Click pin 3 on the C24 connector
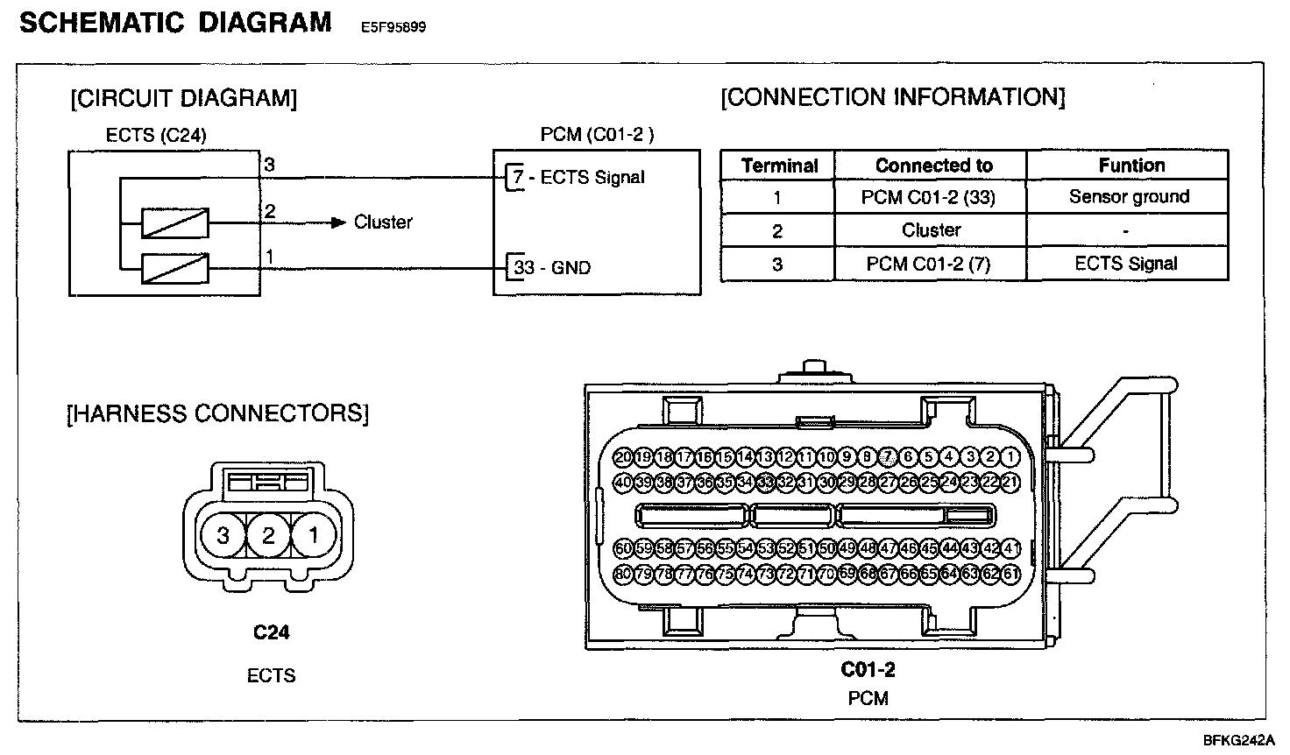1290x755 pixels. [223, 534]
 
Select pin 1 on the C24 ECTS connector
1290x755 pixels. [314, 534]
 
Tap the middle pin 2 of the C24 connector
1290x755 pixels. [269, 534]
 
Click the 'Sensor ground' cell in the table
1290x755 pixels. [1129, 197]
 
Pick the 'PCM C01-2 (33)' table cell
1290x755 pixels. [928, 197]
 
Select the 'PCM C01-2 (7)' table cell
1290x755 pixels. [928, 264]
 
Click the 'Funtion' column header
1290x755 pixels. [1131, 166]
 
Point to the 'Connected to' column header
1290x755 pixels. [933, 166]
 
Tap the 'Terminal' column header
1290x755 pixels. [779, 166]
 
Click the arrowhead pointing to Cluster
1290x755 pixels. [339, 222]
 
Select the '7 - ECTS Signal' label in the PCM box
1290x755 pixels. [579, 178]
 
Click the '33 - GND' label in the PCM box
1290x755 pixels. [552, 268]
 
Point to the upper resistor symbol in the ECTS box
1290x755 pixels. [176, 223]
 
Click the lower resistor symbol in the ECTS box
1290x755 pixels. [176, 269]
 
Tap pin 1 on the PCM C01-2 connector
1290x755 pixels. [1010, 456]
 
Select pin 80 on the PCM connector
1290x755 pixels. [623, 575]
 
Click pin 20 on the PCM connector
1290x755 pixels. [623, 456]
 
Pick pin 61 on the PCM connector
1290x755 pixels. [1010, 575]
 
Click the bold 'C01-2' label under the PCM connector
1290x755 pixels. [868, 670]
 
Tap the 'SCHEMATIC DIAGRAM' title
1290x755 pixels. [175, 22]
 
